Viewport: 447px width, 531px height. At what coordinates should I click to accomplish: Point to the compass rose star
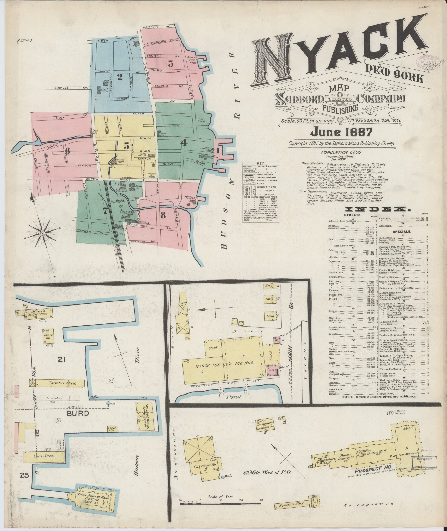click(x=43, y=233)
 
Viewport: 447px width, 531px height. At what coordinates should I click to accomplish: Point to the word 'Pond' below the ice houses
click(x=234, y=397)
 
